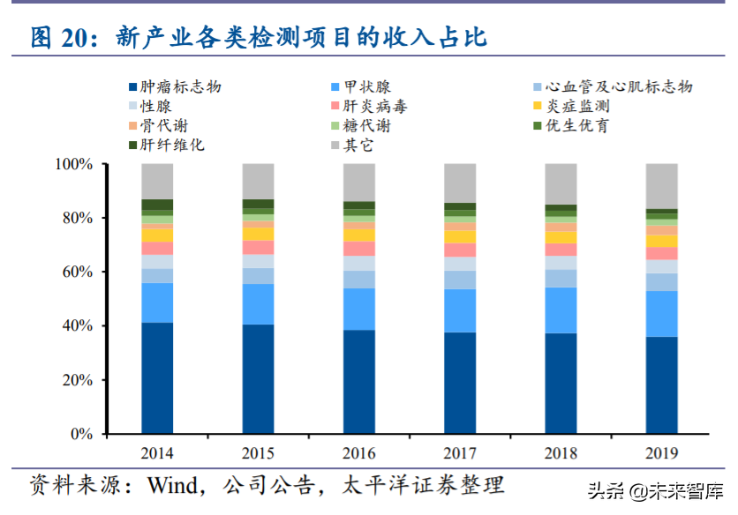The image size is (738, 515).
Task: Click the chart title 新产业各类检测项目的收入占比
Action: click(x=301, y=37)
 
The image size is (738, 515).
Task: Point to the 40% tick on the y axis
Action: click(x=77, y=326)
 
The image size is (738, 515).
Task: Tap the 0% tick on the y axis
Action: click(x=80, y=435)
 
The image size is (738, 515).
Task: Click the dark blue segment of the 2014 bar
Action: click(x=157, y=378)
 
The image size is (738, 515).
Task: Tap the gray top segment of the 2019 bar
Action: click(x=662, y=186)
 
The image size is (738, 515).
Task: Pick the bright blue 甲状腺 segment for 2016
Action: click(x=359, y=309)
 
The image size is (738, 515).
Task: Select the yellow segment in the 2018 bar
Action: click(x=561, y=237)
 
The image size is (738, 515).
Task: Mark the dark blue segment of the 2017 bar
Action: click(x=460, y=383)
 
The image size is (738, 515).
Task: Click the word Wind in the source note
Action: click(x=171, y=486)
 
